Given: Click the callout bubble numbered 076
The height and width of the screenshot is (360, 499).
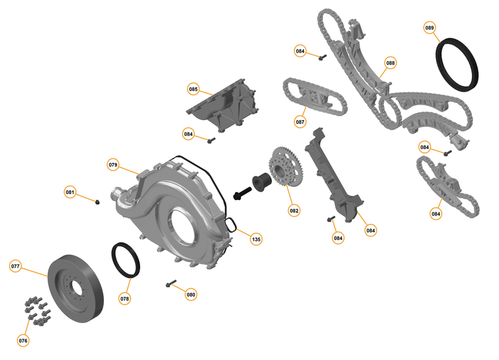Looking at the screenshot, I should click(x=23, y=340).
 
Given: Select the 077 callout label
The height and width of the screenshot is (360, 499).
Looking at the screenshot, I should click(x=16, y=266).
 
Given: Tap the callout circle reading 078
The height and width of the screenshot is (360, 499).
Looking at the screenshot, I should click(x=125, y=299).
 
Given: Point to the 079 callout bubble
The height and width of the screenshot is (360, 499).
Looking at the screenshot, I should click(x=113, y=165).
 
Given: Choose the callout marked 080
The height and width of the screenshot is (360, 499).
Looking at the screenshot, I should click(x=190, y=295).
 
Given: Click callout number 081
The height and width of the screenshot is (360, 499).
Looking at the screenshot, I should click(x=70, y=192).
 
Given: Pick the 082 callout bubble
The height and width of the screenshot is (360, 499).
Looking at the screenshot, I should click(x=294, y=210).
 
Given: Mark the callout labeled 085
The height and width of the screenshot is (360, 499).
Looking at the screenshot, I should click(x=194, y=88).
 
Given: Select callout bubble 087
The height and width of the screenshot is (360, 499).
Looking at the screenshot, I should click(x=300, y=121).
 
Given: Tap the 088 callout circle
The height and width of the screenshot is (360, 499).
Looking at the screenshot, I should click(x=391, y=63).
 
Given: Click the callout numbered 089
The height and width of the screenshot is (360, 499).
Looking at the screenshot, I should click(x=429, y=28).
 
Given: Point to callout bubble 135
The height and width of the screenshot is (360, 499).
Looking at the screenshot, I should click(x=256, y=239).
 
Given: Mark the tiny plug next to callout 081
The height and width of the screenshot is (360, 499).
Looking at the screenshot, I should click(x=97, y=202).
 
